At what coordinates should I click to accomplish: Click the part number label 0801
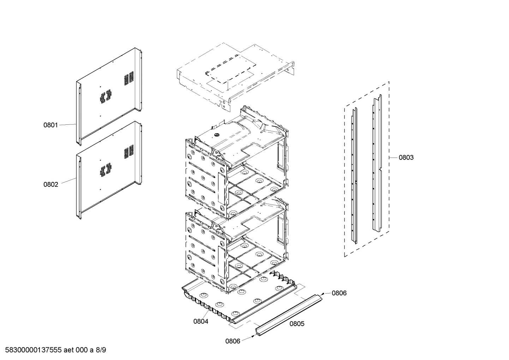click(50, 125)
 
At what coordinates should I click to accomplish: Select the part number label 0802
click(50, 184)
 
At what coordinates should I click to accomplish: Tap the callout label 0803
click(406, 158)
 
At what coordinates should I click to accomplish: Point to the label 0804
click(200, 321)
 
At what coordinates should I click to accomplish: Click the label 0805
click(297, 324)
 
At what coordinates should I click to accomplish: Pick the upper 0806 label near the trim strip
click(339, 293)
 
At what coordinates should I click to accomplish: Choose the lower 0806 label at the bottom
click(233, 341)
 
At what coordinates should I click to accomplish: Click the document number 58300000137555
click(32, 350)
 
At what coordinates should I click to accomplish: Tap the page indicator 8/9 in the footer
click(101, 350)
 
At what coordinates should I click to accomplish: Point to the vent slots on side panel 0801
click(129, 78)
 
